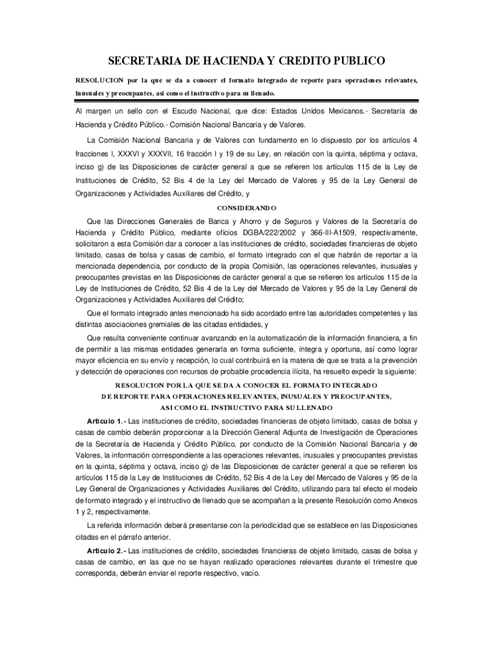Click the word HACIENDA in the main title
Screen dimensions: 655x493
214,61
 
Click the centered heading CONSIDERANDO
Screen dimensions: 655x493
247,208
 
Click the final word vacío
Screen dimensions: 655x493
248,573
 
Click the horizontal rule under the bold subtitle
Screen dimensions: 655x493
247,99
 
